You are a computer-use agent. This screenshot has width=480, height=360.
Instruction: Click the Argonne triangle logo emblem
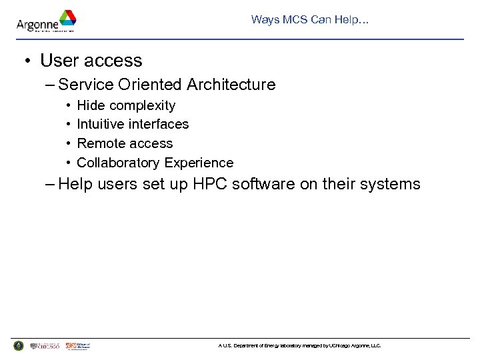[x=67, y=18]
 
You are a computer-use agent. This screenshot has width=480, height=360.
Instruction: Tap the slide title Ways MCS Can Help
[x=310, y=19]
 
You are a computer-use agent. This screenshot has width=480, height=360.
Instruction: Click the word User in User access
[x=58, y=61]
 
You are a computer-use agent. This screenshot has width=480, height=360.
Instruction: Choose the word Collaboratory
[x=119, y=163]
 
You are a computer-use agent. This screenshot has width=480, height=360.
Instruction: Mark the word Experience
[x=199, y=163]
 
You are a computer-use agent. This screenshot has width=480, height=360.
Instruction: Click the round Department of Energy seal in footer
[x=18, y=345]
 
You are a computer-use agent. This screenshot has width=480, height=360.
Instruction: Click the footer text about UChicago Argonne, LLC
[x=299, y=346]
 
